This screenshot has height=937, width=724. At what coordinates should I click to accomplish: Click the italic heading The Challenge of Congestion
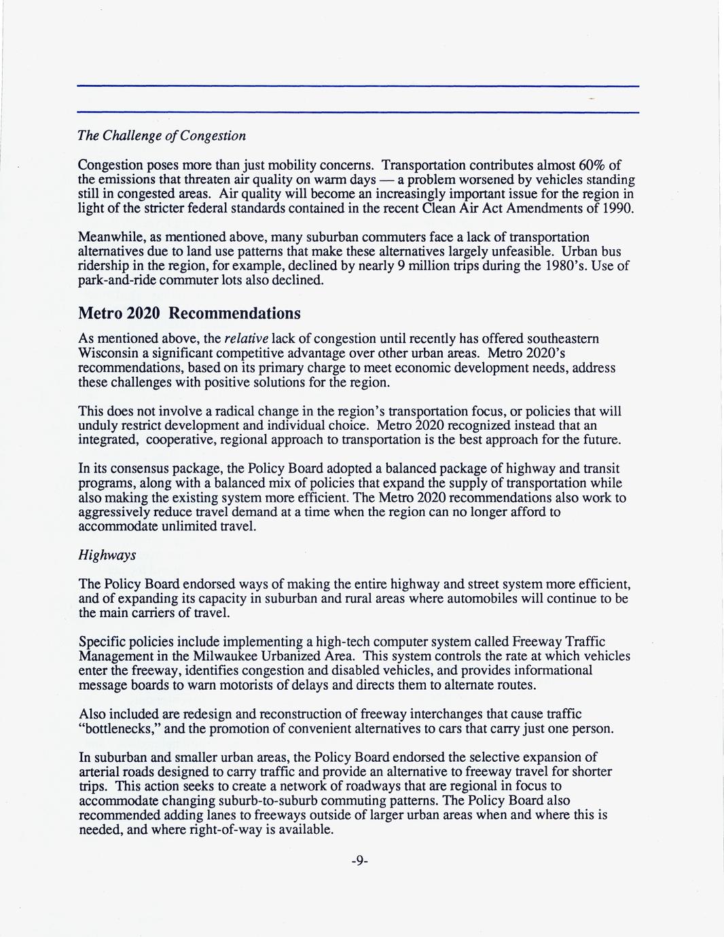pyautogui.click(x=162, y=136)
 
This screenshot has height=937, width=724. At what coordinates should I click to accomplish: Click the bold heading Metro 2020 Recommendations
pyautogui.click(x=189, y=314)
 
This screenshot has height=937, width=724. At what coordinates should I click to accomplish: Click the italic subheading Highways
pyautogui.click(x=107, y=555)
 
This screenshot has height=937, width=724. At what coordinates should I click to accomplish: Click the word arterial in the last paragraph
pyautogui.click(x=99, y=772)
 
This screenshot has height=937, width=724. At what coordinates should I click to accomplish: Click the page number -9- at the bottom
pyautogui.click(x=360, y=861)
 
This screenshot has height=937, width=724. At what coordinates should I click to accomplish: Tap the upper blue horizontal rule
pyautogui.click(x=358, y=86)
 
